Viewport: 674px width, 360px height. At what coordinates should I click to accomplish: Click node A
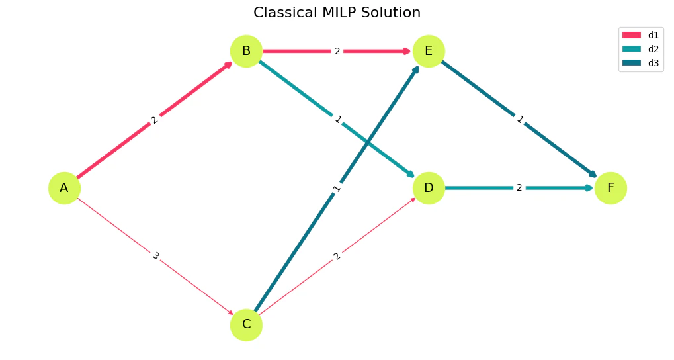(64, 188)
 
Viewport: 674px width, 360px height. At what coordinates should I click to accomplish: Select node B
(246, 51)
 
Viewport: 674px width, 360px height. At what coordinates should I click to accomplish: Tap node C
(246, 325)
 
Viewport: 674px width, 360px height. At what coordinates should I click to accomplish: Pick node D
(429, 188)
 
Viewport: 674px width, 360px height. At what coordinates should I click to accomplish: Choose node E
(429, 51)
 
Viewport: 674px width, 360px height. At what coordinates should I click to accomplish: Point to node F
(611, 188)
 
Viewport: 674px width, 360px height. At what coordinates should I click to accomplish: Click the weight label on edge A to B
(155, 120)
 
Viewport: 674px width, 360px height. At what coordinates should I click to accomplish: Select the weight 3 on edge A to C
(155, 256)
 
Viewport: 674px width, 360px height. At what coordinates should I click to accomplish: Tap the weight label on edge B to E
(337, 51)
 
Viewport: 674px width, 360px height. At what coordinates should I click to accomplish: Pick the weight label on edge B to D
(337, 120)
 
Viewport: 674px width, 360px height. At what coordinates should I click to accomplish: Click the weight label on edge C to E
(337, 188)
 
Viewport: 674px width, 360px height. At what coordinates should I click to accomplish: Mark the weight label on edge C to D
(337, 256)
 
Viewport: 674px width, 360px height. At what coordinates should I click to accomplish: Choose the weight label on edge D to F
(519, 188)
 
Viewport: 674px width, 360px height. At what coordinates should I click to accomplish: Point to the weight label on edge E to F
(520, 120)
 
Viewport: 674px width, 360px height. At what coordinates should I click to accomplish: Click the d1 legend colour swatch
(632, 35)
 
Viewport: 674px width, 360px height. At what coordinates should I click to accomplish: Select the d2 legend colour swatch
(632, 49)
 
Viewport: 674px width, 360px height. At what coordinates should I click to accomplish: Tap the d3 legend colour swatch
(632, 63)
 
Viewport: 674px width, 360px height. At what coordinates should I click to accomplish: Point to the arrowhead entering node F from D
(590, 188)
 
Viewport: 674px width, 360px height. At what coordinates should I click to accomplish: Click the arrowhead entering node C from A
(231, 313)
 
